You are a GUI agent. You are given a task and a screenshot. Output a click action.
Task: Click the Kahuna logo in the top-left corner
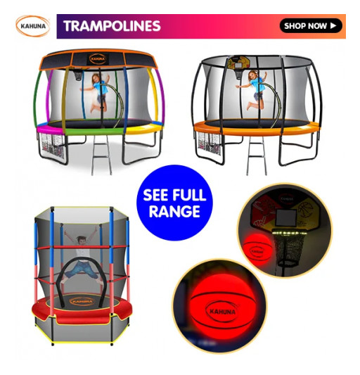pyautogui.click(x=32, y=27)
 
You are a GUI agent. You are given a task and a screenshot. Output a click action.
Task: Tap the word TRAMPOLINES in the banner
pyautogui.click(x=112, y=27)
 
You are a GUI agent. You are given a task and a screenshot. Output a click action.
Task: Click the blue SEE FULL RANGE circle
pyautogui.click(x=174, y=203)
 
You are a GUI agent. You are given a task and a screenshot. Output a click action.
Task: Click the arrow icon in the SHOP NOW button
pyautogui.click(x=333, y=26)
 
